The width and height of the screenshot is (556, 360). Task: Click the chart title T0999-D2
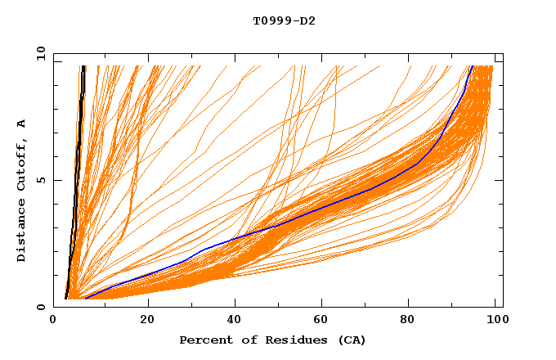click(x=284, y=20)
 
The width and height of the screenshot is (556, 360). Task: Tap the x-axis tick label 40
click(x=235, y=321)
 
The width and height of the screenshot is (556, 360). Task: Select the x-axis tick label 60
click(x=321, y=321)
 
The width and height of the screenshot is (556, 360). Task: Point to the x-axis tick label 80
click(x=408, y=321)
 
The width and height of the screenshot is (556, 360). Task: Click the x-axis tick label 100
click(x=494, y=321)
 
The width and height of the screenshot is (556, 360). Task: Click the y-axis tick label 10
click(x=40, y=53)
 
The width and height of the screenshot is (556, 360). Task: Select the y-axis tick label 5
click(x=43, y=180)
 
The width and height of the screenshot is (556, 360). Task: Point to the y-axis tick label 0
click(x=43, y=307)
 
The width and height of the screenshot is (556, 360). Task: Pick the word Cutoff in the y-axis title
click(x=22, y=166)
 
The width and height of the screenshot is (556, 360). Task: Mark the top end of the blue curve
click(x=472, y=66)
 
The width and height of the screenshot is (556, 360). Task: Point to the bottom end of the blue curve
click(x=84, y=299)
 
